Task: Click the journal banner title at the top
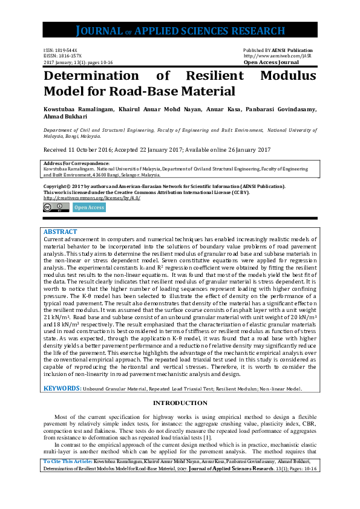coord(180,31)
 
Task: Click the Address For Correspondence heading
coord(76,163)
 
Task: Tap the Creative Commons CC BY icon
coord(54,207)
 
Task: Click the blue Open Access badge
coord(89,207)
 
